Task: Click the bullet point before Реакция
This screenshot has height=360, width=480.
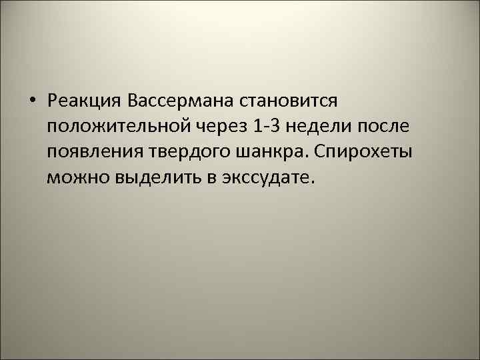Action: click(x=32, y=101)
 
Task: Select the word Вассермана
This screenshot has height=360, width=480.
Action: click(x=175, y=101)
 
